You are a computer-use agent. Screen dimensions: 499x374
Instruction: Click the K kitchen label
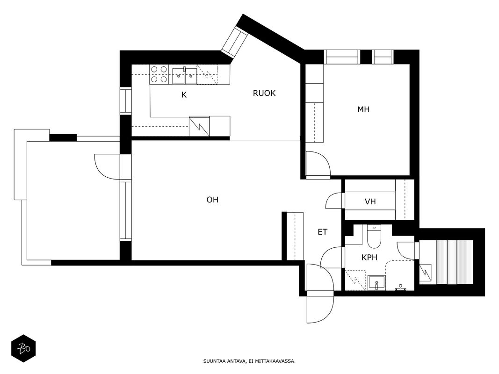click(184, 95)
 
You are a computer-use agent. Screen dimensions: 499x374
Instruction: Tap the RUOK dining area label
click(264, 93)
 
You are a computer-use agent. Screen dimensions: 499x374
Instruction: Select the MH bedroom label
click(363, 109)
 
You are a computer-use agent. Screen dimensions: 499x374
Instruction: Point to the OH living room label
click(213, 200)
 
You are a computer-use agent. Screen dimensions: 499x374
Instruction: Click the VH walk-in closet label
click(370, 201)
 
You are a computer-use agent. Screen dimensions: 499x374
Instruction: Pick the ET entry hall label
click(322, 232)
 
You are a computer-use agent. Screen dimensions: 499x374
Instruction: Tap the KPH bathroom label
click(369, 257)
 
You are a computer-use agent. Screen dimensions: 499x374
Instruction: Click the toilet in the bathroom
click(374, 237)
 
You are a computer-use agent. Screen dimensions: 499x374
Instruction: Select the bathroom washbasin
click(376, 283)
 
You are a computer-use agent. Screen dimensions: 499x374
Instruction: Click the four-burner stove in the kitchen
click(159, 74)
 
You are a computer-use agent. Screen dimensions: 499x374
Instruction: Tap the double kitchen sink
click(185, 76)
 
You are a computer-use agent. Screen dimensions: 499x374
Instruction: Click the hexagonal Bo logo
click(23, 349)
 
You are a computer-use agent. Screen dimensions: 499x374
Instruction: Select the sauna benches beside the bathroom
click(455, 262)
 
